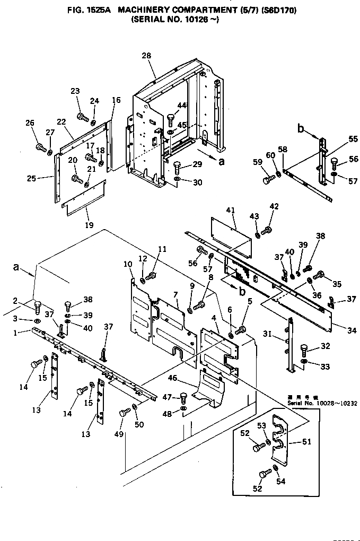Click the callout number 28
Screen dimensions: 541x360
146,56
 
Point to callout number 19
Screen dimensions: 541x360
89,225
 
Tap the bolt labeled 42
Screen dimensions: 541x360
268,229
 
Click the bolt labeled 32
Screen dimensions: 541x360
305,349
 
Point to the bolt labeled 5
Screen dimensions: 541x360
240,331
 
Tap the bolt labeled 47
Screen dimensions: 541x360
183,397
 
